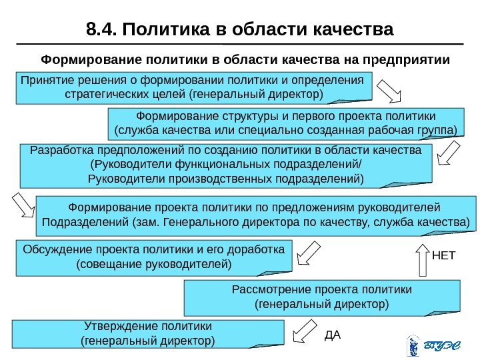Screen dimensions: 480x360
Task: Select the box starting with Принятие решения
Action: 193,87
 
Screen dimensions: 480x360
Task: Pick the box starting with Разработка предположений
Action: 227,165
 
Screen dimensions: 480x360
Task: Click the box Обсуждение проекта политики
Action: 154,257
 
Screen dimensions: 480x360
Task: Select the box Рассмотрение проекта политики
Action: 321,297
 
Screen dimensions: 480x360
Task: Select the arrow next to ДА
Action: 305,331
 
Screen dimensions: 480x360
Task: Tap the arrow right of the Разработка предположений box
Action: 447,155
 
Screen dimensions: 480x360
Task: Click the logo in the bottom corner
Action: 433,345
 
